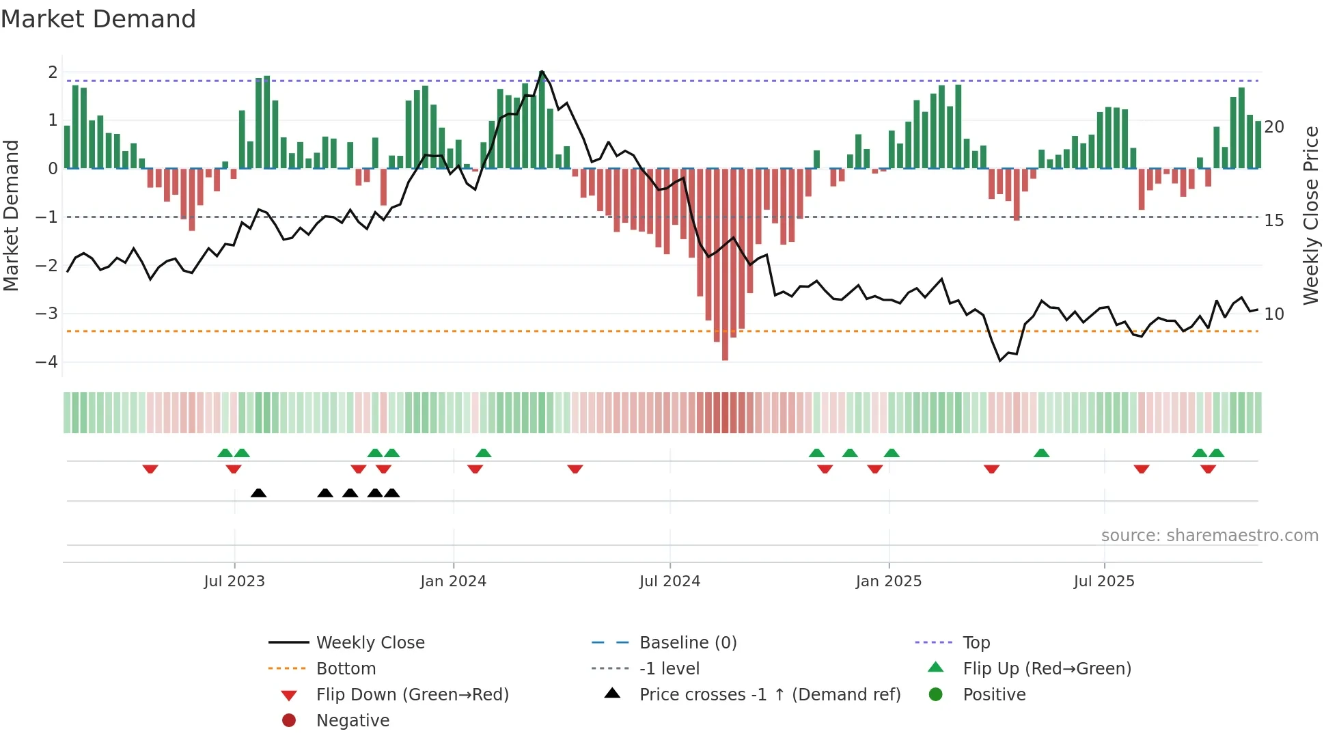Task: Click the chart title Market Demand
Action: point(98,19)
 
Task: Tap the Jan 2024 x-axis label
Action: point(453,581)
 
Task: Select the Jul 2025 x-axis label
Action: point(1103,581)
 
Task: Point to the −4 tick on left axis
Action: point(47,362)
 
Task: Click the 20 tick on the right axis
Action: point(1274,127)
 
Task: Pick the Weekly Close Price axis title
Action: point(1310,216)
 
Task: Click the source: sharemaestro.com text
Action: point(1209,536)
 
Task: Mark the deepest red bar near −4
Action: point(725,355)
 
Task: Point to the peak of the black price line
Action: point(542,71)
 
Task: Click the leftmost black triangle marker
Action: point(258,493)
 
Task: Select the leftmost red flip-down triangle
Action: point(150,469)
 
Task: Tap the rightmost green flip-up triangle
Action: point(1216,453)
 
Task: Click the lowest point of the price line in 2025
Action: point(1000,361)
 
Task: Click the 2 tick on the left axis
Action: point(53,72)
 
